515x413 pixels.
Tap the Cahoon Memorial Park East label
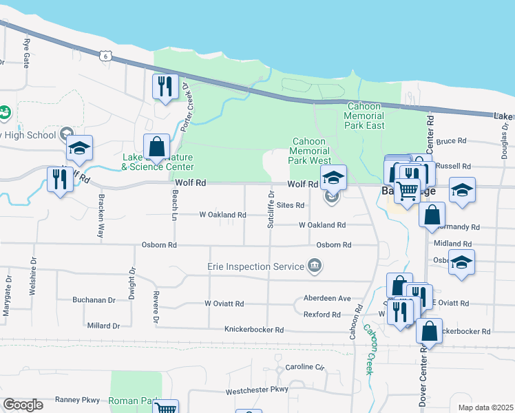click(x=365, y=116)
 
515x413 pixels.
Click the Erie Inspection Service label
click(x=255, y=266)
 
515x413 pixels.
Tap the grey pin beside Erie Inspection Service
click(x=315, y=266)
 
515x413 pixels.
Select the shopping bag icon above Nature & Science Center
click(x=156, y=147)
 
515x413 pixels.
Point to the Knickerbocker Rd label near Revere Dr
click(x=254, y=330)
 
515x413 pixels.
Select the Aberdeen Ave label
click(x=327, y=299)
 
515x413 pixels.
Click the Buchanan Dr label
click(x=94, y=300)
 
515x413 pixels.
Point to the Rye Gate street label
click(x=28, y=52)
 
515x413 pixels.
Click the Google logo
click(x=23, y=405)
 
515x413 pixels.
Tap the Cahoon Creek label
click(x=369, y=350)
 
